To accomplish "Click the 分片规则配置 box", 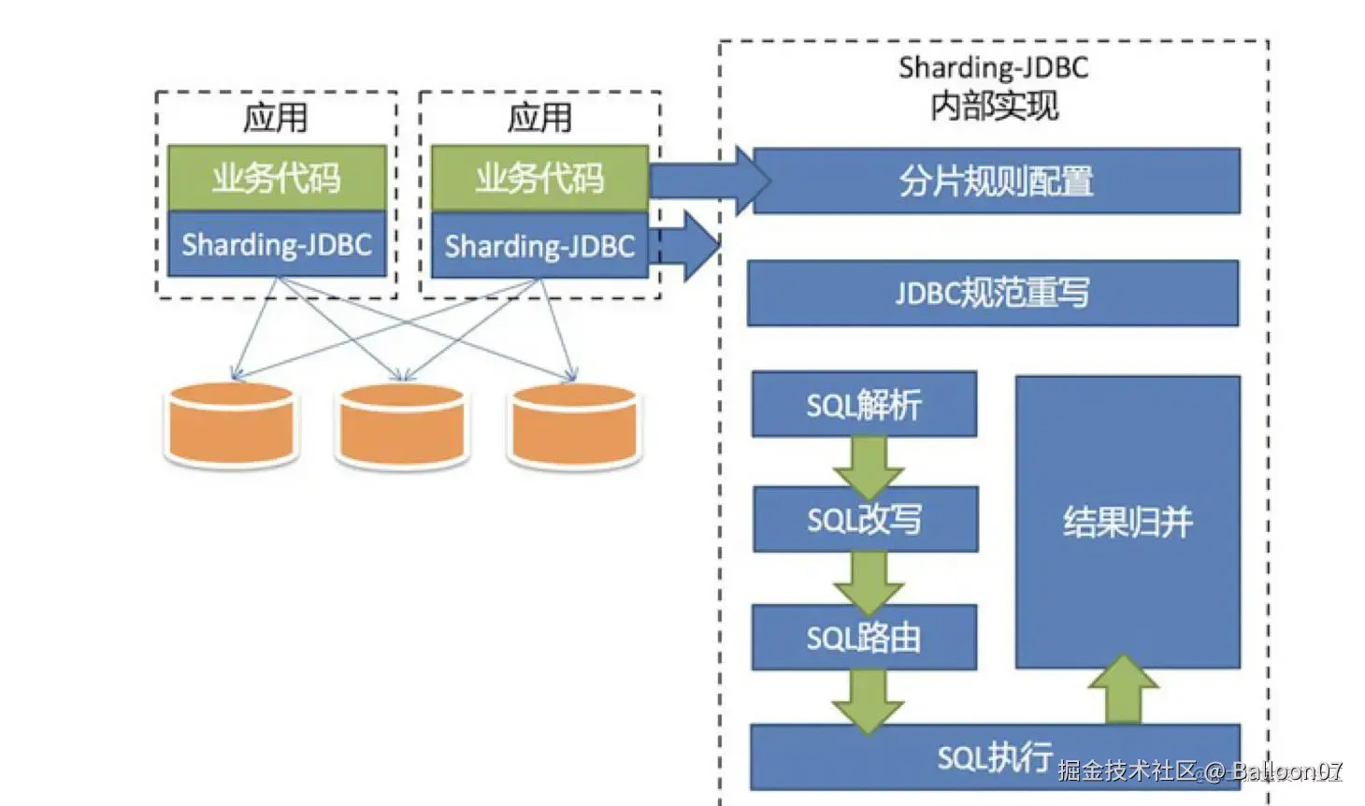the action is coord(997,181).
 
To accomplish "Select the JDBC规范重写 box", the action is coord(993,293).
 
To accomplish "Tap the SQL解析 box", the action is coord(865,404).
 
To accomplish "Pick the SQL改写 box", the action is coord(866,519).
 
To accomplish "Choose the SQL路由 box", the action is coord(865,638).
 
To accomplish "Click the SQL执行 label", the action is coord(995,757).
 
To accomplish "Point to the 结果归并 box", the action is coord(1128,522).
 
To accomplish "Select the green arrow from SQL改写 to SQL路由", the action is coord(869,583).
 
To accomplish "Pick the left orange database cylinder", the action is coord(232,425).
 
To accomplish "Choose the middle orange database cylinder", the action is coord(402,425).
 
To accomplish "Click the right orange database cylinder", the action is coord(575,425).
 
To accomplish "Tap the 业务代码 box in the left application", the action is coord(278,178).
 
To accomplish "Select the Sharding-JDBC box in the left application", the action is coord(278,244).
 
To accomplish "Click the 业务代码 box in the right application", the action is coord(539,179).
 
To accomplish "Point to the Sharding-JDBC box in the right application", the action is coord(539,245).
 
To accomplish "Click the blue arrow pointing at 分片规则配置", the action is coord(710,181).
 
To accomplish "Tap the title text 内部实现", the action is coord(995,106).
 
